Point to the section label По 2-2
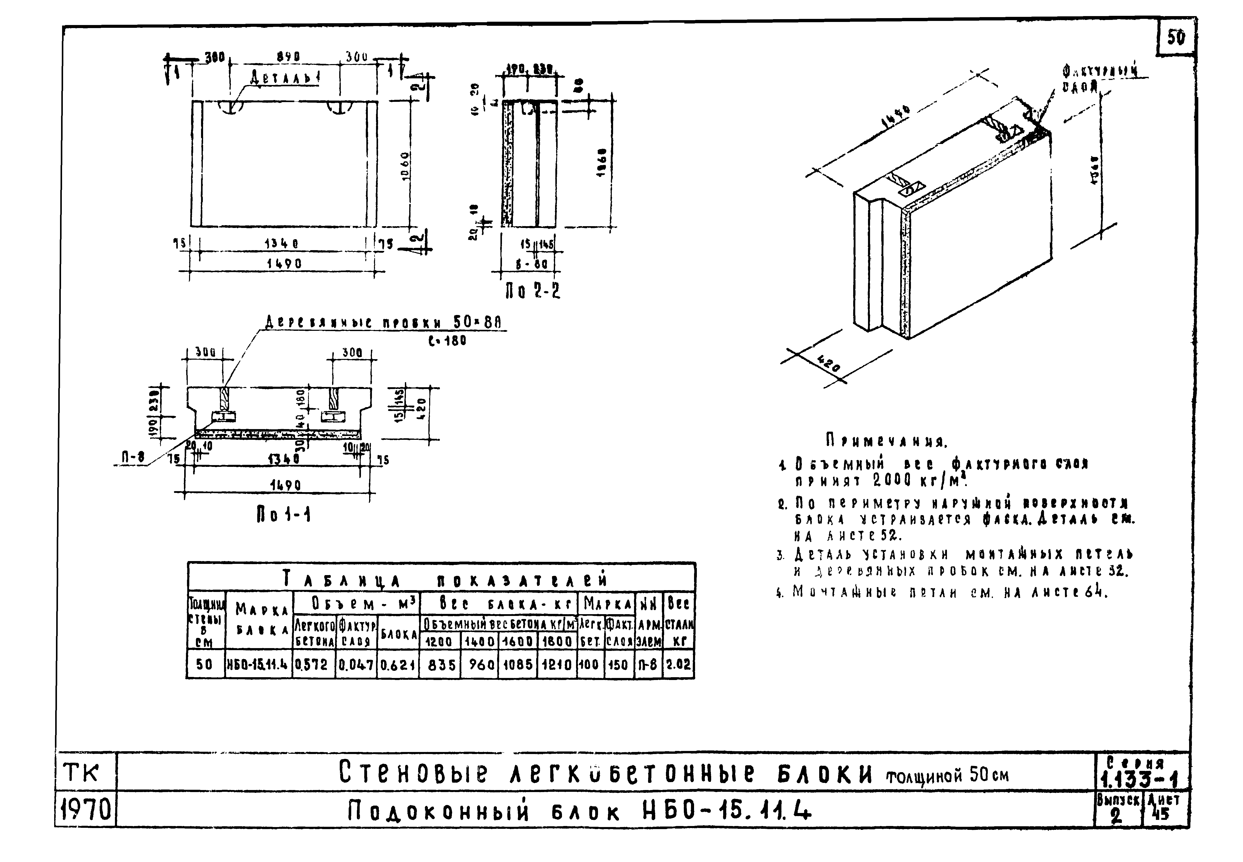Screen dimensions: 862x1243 pyautogui.click(x=532, y=292)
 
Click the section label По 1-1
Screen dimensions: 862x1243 pyautogui.click(x=283, y=515)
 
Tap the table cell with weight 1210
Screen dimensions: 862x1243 pyautogui.click(x=557, y=664)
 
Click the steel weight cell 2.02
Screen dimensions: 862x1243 pyautogui.click(x=678, y=664)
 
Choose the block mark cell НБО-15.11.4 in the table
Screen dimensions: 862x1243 pyautogui.click(x=258, y=664)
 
